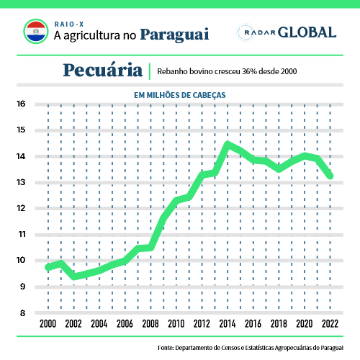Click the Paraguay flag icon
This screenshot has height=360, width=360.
[x=36, y=32]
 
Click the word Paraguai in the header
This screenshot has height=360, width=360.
[x=174, y=35]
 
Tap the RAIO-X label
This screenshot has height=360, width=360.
[x=69, y=24]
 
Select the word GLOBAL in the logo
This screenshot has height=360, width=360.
[x=307, y=32]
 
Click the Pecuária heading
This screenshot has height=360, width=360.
[x=103, y=70]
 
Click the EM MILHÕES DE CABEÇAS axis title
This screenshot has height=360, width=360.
[x=180, y=95]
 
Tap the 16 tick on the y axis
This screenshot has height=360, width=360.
[x=21, y=104]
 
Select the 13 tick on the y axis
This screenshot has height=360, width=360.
[x=21, y=182]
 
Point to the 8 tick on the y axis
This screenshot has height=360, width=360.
[x=22, y=313]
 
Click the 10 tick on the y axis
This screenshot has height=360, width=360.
[x=21, y=260]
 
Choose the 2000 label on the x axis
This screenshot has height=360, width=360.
[x=48, y=324]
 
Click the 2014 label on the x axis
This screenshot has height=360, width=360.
[x=228, y=324]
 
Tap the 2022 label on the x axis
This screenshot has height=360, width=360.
[x=330, y=324]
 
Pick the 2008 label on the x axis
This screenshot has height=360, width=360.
[x=150, y=324]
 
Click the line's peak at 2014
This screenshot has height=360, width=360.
[x=228, y=144]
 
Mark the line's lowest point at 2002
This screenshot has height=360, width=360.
[x=74, y=276]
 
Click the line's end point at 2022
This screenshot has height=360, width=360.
[x=330, y=176]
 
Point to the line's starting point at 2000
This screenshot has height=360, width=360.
[x=48, y=267]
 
